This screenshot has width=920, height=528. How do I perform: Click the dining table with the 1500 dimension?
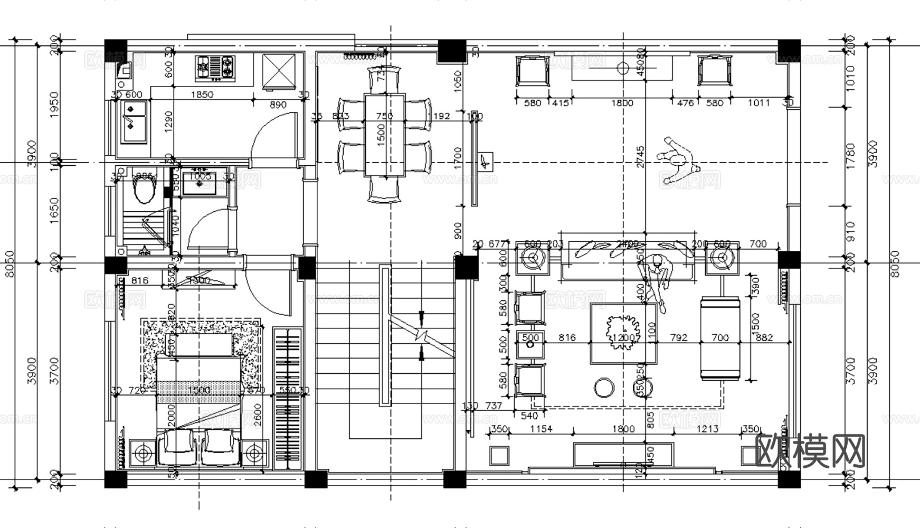[x=384, y=135]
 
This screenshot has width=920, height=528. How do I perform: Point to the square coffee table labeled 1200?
[x=624, y=334]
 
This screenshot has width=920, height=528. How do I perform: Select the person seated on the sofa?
[x=657, y=275]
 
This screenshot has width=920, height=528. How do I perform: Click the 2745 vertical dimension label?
[x=640, y=157]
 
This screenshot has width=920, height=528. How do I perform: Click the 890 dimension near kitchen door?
[x=278, y=105]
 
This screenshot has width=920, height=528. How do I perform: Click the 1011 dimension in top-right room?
[x=758, y=103]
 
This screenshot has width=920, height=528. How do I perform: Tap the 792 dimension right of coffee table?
[x=678, y=337]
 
